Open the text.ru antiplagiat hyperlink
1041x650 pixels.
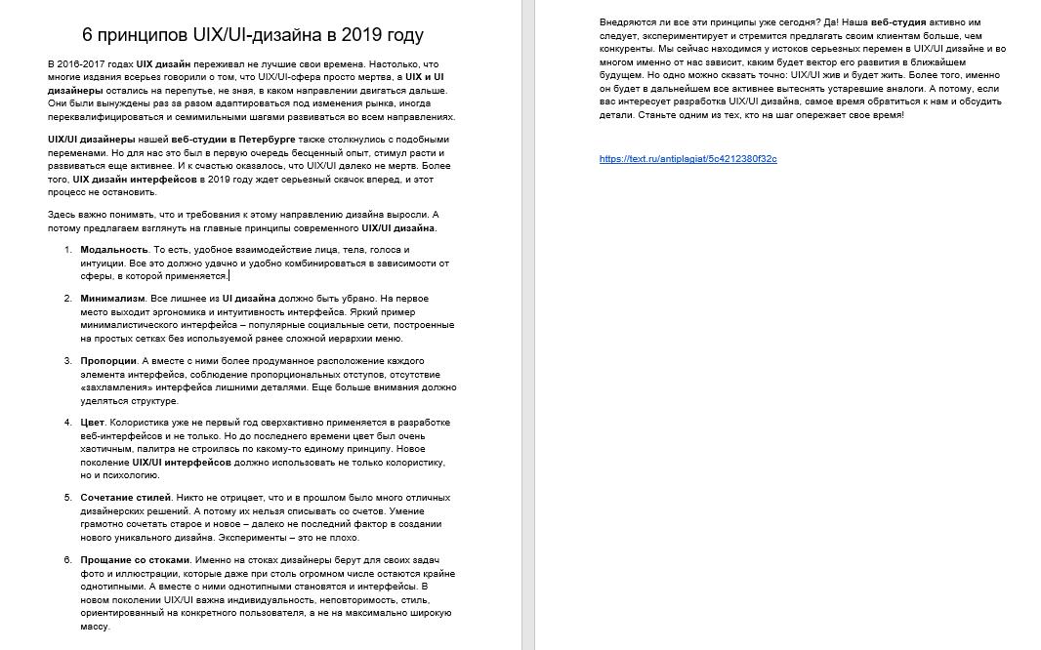(x=687, y=159)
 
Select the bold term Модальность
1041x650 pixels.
(x=114, y=250)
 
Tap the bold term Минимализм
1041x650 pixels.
(x=112, y=299)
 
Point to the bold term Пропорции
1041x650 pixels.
(x=108, y=361)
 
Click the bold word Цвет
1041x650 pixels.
(x=92, y=423)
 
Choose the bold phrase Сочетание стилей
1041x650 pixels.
(x=125, y=498)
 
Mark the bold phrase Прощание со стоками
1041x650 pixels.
(x=135, y=560)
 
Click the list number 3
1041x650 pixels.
(x=68, y=361)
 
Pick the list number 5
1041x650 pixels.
(x=68, y=498)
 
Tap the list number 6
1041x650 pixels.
(x=68, y=560)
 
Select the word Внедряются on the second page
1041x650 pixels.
(x=625, y=22)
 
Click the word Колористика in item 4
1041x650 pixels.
(x=137, y=423)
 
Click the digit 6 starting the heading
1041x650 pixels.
(x=88, y=35)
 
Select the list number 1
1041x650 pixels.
(x=68, y=250)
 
